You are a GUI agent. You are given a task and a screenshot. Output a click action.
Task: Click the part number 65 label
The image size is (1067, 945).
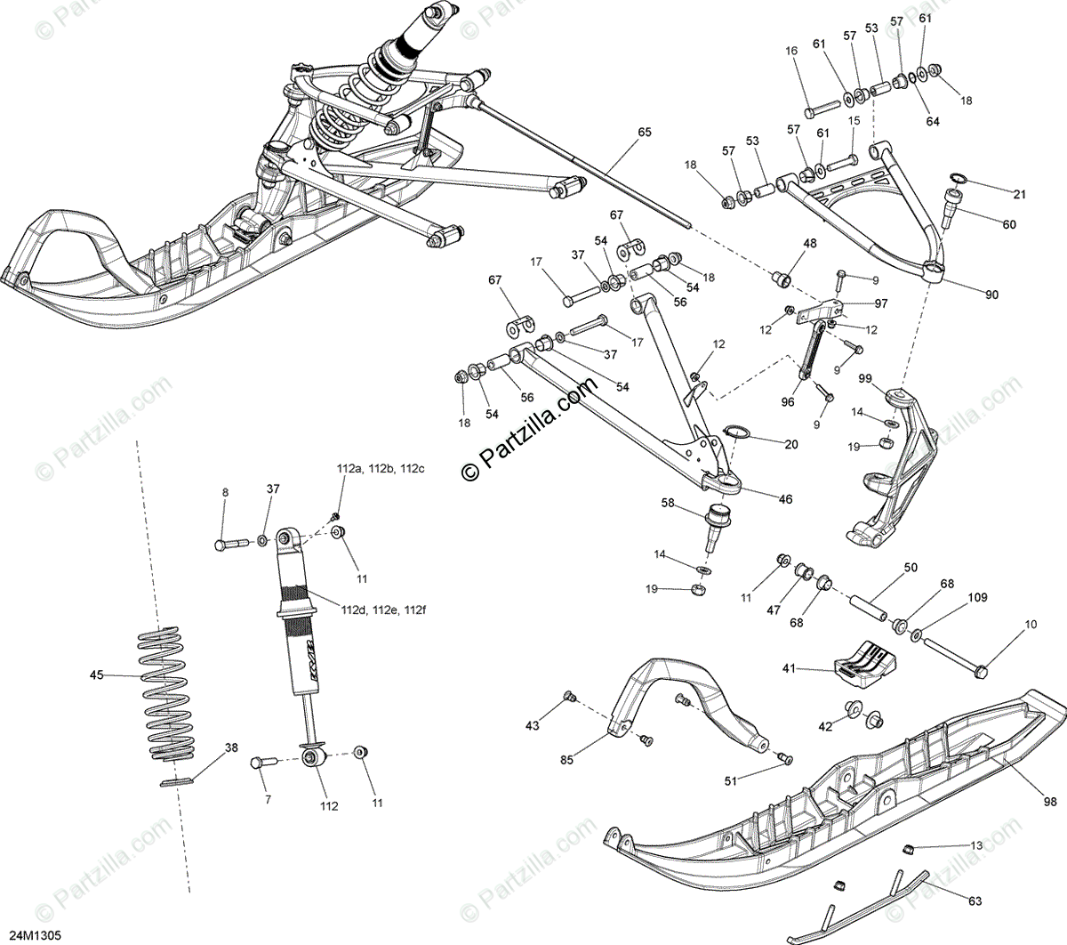644,133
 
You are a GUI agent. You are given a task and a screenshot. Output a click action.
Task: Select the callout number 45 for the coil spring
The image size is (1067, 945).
96,675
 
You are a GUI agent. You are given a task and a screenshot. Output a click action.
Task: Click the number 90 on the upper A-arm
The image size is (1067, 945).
991,295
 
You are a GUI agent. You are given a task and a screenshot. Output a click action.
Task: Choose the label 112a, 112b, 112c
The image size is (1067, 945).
368,469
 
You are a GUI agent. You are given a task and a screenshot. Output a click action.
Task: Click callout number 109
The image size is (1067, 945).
976,598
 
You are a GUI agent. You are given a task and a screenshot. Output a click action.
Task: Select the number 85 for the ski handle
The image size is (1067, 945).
567,759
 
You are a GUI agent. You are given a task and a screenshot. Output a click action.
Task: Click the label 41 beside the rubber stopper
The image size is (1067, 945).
789,667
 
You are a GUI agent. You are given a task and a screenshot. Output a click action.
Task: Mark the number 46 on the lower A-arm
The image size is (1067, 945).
785,499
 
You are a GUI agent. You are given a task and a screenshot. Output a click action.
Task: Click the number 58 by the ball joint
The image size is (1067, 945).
668,503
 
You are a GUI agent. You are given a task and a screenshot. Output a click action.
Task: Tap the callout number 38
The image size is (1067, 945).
231,748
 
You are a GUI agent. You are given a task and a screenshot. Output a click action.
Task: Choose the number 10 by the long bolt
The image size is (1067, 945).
1030,626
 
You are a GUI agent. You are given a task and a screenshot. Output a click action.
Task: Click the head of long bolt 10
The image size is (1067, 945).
982,670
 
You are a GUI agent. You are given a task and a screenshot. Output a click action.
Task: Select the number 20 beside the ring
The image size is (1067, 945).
791,444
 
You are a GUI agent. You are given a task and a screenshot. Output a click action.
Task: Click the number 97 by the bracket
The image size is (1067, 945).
880,303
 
